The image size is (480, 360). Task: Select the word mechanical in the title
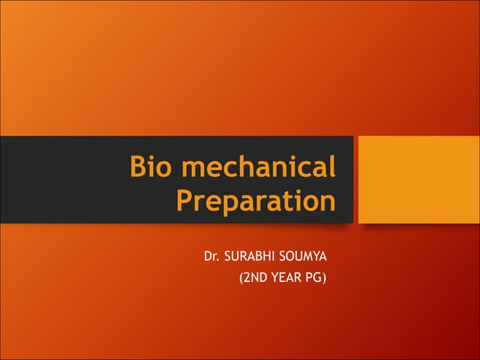pos(258,166)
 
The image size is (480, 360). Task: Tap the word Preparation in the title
pos(255,201)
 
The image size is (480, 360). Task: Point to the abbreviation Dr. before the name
pos(211,257)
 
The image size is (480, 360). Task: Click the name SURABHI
pos(252,257)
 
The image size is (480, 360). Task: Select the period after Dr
pos(218,262)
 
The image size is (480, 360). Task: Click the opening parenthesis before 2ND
pos(241,280)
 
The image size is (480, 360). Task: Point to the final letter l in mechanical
pos(331,166)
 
